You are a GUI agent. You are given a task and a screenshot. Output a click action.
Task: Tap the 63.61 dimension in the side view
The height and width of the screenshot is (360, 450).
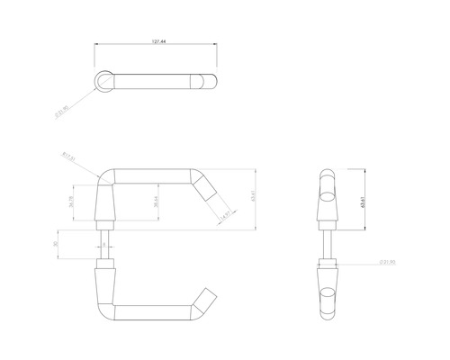[x=364, y=201]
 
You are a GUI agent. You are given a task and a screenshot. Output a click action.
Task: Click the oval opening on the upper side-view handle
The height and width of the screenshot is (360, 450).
[x=327, y=190]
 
